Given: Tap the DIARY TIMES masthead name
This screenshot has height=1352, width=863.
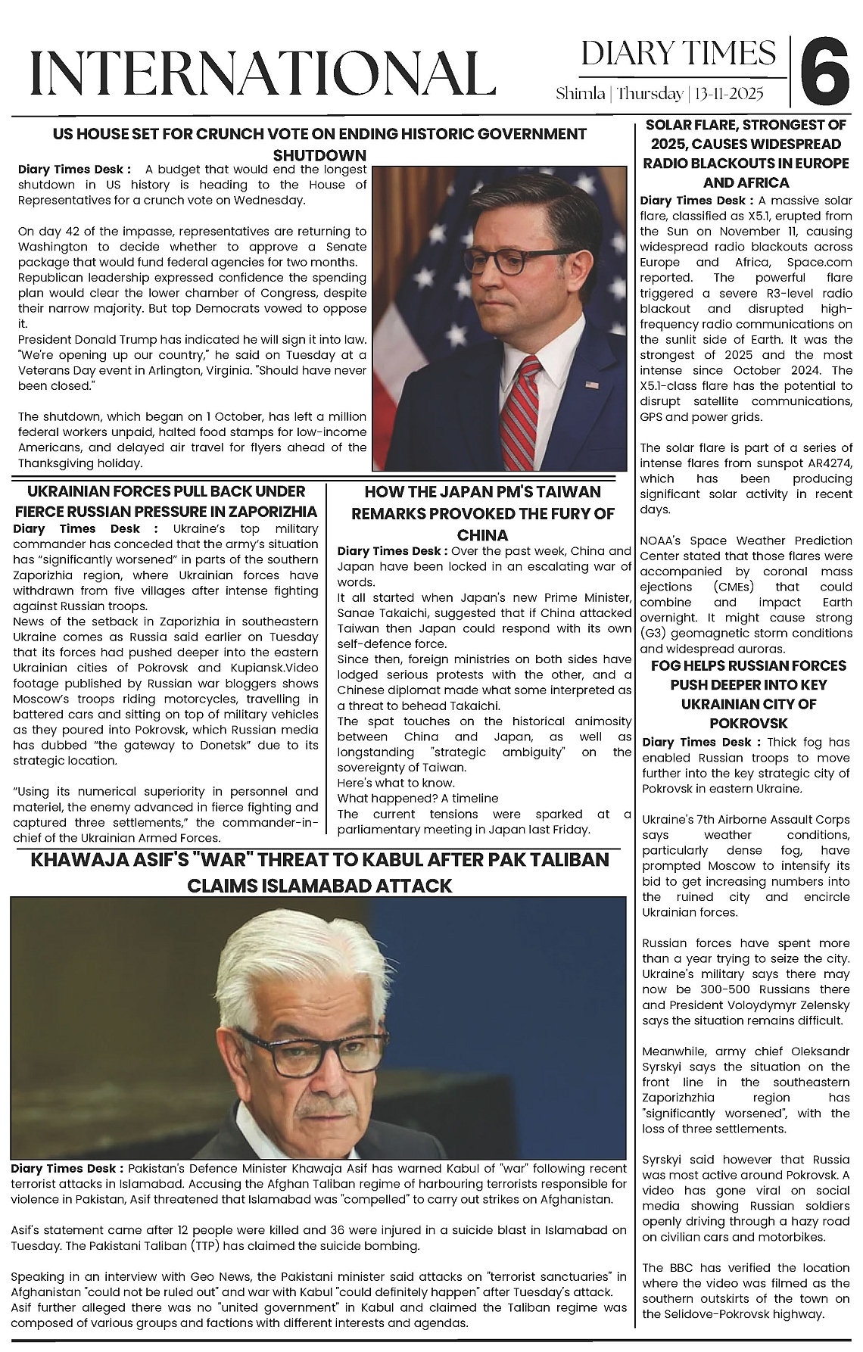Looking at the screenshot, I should pos(678,54).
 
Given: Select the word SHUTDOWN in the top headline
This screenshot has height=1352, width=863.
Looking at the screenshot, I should pos(319,155).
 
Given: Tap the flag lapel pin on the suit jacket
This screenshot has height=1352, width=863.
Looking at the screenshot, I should pos(590,386).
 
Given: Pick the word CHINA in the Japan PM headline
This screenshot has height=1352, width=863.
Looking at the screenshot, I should pos(482,535).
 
